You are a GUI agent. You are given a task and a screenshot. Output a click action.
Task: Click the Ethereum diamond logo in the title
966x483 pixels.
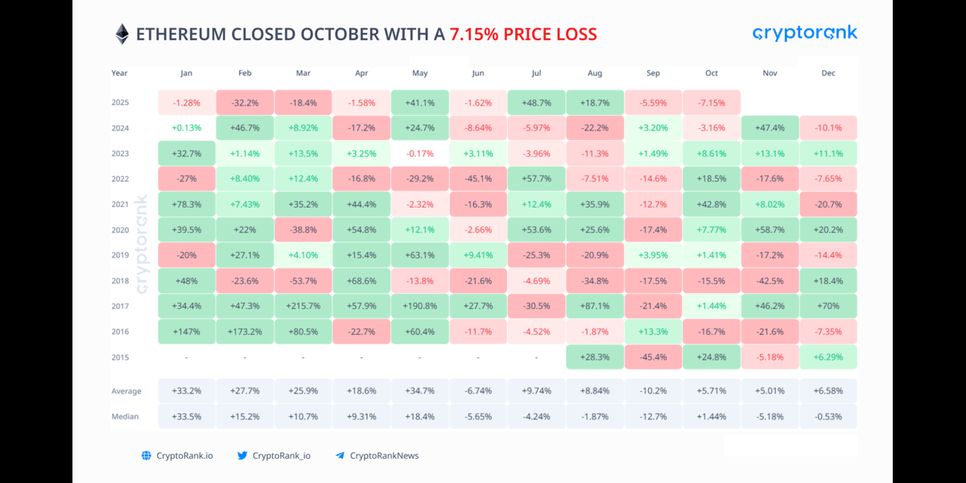point(122,34)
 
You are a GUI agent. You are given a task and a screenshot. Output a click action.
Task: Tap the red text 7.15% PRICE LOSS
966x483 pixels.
point(523,34)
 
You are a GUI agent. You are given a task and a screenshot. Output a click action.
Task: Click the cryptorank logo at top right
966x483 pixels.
point(804,33)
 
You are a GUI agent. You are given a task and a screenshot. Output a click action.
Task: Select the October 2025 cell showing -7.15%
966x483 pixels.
point(712,102)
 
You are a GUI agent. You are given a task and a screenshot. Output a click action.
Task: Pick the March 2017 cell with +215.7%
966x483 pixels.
point(303,306)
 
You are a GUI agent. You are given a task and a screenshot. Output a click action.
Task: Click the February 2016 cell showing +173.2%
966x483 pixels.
point(245,332)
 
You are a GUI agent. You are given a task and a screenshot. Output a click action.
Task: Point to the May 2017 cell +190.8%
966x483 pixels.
point(419,306)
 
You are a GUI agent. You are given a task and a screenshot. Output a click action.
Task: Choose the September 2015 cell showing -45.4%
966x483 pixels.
point(653,357)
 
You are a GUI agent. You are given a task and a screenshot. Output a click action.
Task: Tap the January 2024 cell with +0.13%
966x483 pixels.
point(186,128)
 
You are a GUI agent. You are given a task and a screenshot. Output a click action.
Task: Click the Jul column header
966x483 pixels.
point(536,73)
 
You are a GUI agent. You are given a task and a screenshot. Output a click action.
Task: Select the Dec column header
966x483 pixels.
point(828,73)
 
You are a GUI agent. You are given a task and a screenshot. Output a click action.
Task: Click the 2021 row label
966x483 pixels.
point(120,204)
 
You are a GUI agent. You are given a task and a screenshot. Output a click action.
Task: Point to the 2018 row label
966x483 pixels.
point(120,281)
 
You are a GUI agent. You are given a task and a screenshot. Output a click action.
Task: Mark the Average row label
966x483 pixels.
point(126,391)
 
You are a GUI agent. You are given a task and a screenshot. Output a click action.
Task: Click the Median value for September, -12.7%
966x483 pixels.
point(653,416)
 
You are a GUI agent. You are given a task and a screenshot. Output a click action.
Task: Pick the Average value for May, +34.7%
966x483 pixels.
point(419,391)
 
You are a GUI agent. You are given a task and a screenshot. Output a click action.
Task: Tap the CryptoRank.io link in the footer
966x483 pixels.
point(184,456)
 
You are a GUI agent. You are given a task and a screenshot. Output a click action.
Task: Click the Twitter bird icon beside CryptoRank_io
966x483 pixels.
point(242,456)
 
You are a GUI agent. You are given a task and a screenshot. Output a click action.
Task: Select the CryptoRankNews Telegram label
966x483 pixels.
point(384,456)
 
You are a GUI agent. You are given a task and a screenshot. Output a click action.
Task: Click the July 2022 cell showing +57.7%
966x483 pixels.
point(536,179)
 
